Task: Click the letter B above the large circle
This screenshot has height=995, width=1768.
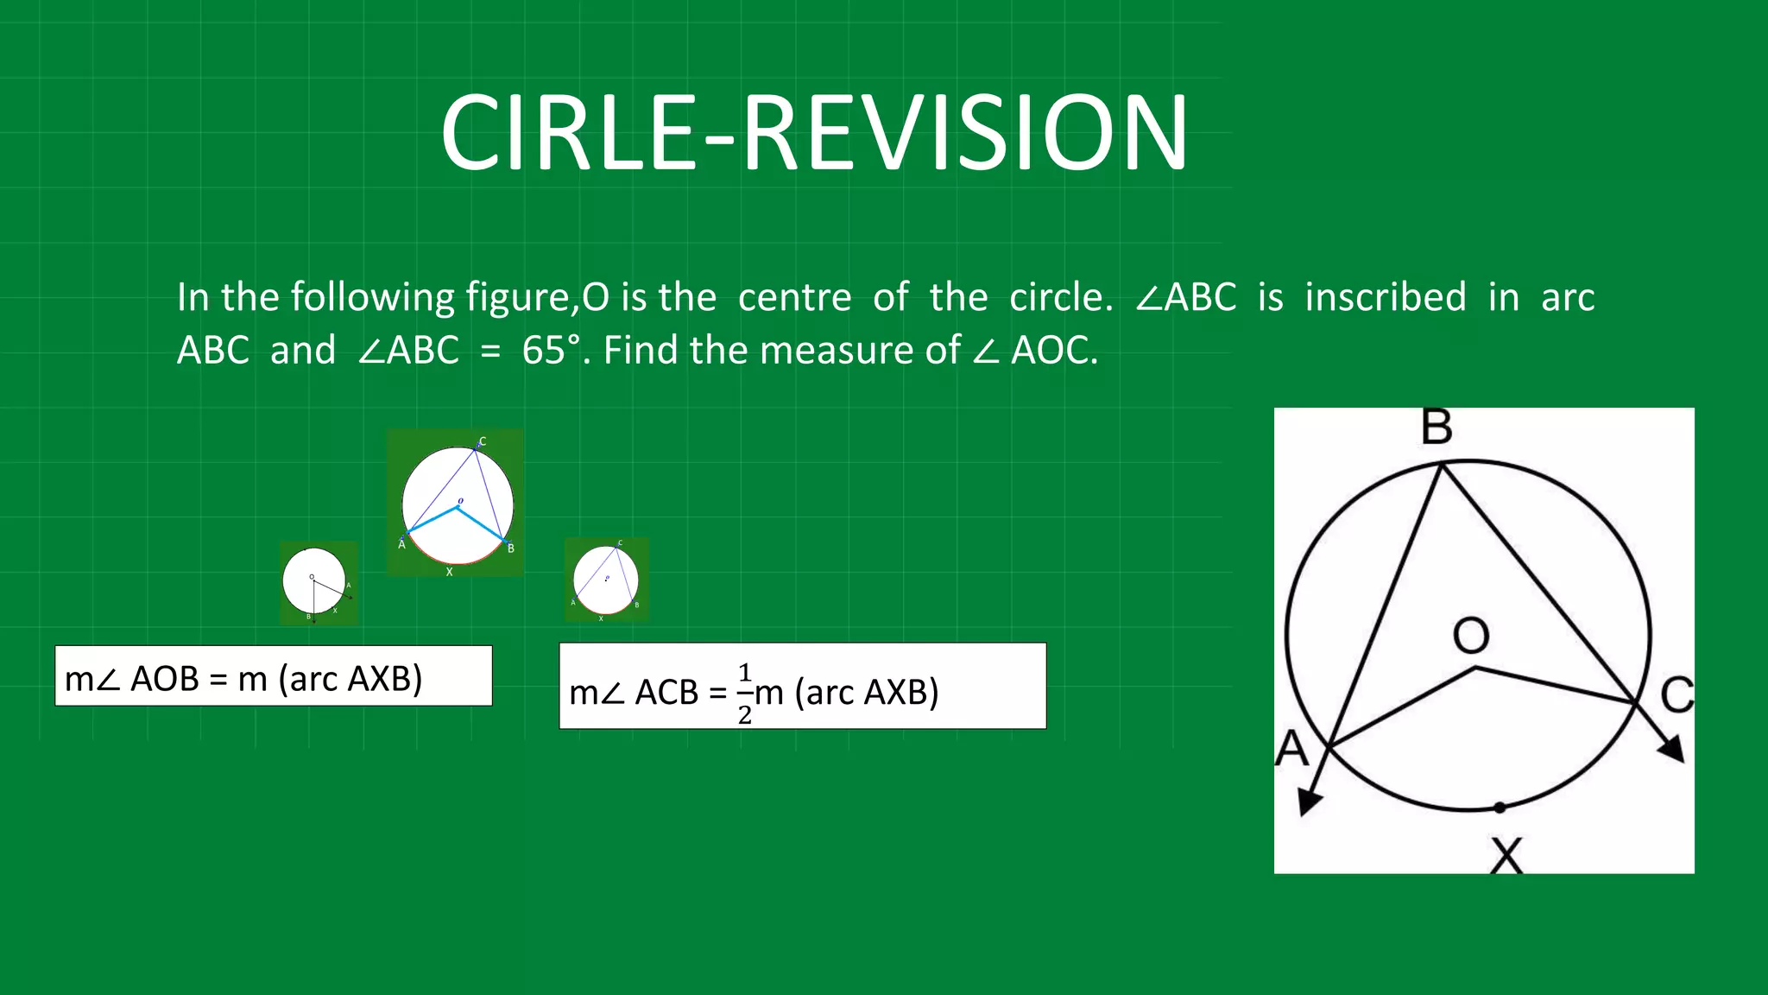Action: click(x=1436, y=428)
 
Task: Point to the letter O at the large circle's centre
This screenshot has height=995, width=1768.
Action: click(x=1470, y=636)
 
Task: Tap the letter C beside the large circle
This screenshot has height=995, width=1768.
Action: click(x=1676, y=695)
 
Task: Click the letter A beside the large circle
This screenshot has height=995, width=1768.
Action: click(x=1291, y=748)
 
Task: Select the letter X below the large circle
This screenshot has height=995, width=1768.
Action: click(x=1506, y=856)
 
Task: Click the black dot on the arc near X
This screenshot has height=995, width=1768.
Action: click(x=1500, y=808)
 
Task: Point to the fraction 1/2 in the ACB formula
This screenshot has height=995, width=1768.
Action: click(x=745, y=694)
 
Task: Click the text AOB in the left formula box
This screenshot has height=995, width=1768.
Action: click(x=164, y=679)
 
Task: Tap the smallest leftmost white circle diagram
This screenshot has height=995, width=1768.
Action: click(x=314, y=580)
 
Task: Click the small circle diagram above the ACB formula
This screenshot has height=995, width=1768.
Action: click(x=605, y=579)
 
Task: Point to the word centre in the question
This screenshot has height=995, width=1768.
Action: click(x=794, y=297)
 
